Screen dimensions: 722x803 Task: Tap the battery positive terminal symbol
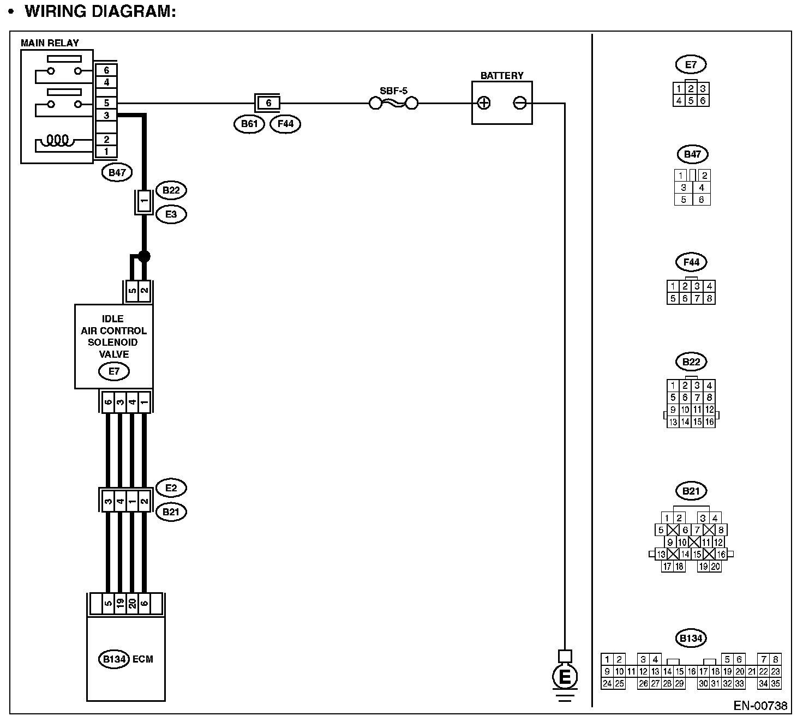pos(484,103)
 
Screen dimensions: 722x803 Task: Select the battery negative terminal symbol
pos(520,103)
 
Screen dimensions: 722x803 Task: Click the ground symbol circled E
pos(565,677)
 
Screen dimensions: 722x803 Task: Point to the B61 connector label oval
pos(249,124)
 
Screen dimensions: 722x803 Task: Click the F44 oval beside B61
pos(285,124)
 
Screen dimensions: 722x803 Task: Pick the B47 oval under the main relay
pos(117,173)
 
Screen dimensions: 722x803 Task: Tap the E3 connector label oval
pos(171,214)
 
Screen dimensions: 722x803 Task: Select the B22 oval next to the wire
pos(171,190)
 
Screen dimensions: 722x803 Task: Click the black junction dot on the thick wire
pos(144,256)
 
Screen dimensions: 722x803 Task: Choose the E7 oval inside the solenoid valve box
pos(114,371)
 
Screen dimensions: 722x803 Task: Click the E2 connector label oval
pos(171,488)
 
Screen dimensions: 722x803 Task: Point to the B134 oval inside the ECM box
pos(115,659)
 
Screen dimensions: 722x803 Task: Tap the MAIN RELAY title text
pos(50,43)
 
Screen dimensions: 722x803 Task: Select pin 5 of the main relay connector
pos(106,103)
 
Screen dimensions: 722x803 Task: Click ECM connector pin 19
pos(120,603)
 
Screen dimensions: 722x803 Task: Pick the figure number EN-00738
pos(760,706)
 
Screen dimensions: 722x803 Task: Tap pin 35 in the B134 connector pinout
pos(776,683)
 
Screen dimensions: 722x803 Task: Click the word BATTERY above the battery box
pos(501,76)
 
